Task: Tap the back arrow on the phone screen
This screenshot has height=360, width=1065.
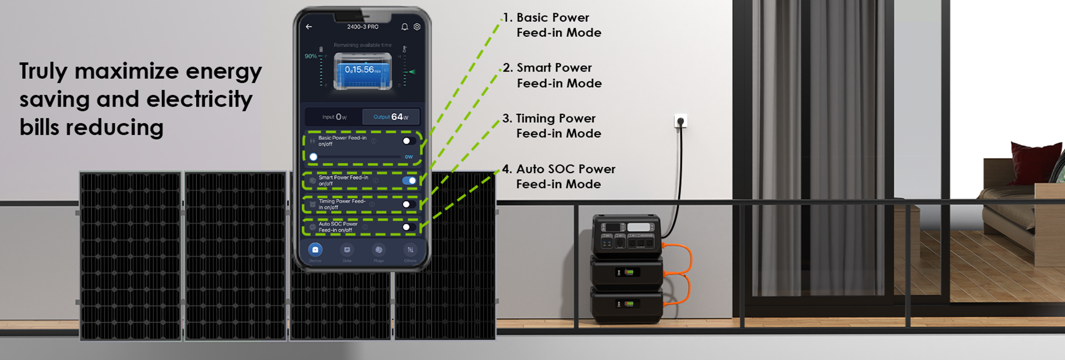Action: [309, 27]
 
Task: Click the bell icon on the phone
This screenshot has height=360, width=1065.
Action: [404, 27]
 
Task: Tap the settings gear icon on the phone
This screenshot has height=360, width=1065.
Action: [417, 27]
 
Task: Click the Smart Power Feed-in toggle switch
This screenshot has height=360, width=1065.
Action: [409, 180]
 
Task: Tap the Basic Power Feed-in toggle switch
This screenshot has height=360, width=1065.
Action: [409, 141]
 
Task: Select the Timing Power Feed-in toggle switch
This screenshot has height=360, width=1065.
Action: [409, 204]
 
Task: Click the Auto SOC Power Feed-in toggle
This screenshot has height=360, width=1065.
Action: [409, 227]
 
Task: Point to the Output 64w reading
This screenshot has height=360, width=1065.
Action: [391, 117]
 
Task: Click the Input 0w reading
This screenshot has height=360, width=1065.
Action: [334, 117]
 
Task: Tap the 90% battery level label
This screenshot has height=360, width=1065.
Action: [311, 56]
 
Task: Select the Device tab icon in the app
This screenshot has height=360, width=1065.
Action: [315, 250]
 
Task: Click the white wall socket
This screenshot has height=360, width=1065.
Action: [681, 120]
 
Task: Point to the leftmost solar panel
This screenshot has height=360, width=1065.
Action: [131, 255]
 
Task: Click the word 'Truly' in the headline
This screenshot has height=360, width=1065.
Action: [43, 72]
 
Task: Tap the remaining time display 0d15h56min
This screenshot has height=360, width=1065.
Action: [363, 70]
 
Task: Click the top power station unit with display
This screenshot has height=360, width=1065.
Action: [627, 236]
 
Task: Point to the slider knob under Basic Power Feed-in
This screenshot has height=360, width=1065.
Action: [313, 157]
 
